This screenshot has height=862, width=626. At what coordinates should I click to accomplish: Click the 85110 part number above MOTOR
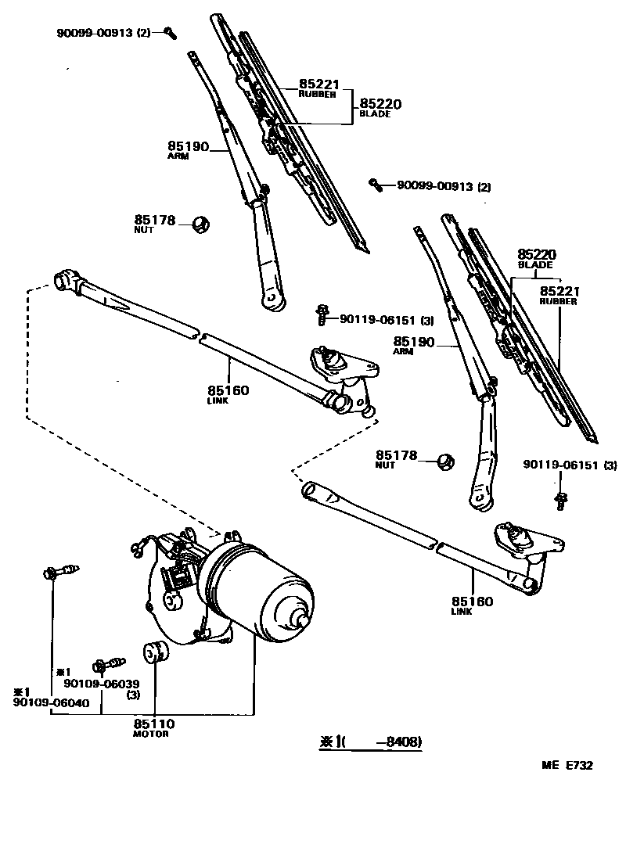[x=153, y=724]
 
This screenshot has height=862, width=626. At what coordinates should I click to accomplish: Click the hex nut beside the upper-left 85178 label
[x=200, y=225]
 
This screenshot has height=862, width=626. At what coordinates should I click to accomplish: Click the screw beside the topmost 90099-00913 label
[x=170, y=32]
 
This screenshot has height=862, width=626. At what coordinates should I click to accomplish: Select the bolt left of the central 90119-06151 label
[x=322, y=315]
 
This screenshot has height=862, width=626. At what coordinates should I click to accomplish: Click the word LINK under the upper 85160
[x=218, y=400]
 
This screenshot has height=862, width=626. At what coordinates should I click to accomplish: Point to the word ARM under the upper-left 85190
[x=178, y=156]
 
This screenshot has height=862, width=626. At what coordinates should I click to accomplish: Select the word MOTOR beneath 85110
[x=150, y=734]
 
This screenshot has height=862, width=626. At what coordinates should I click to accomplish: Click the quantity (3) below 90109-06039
[x=133, y=695]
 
